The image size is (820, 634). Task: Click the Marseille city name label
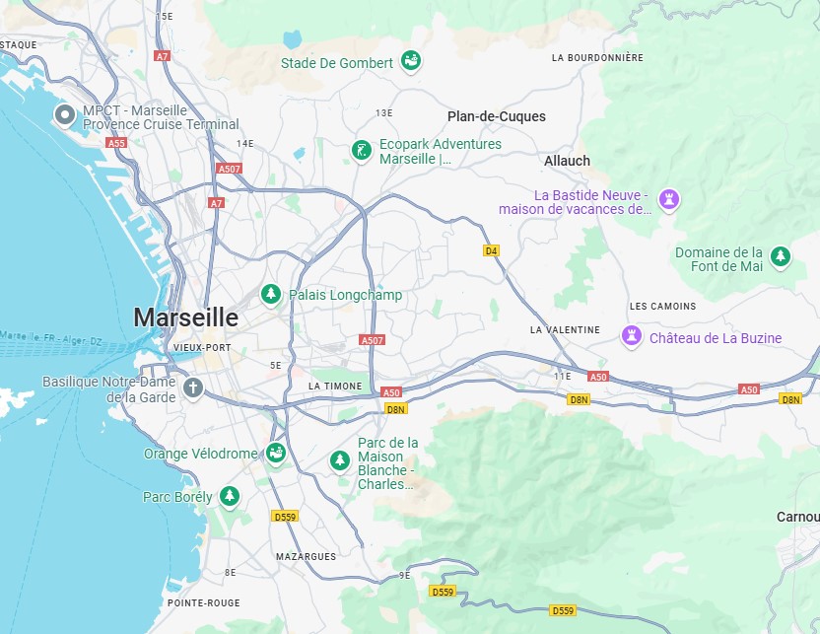(185, 317)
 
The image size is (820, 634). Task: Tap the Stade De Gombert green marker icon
(412, 61)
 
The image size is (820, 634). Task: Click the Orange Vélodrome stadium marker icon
(276, 454)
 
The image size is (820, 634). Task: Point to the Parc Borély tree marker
(230, 496)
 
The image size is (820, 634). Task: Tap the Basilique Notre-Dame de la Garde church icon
(193, 387)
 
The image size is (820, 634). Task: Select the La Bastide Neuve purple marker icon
(670, 200)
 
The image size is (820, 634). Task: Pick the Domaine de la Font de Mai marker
(781, 257)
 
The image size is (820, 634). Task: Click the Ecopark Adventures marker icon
(363, 151)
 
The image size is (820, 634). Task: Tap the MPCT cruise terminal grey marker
(65, 116)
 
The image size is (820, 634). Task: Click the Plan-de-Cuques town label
(496, 116)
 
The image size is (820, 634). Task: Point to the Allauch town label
(567, 160)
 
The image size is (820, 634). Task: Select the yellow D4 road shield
(491, 250)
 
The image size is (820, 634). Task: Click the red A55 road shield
(117, 143)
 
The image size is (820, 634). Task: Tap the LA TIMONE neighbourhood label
(335, 386)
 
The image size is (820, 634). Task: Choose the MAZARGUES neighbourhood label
(306, 556)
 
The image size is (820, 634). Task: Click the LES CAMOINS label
(662, 306)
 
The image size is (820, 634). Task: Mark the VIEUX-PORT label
(201, 348)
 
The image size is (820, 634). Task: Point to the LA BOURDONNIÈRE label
(597, 58)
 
